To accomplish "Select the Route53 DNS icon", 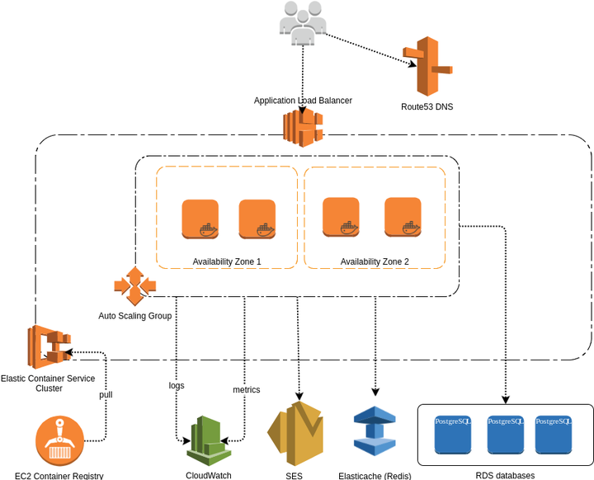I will pos(427,68).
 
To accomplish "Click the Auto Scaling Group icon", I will pos(134,286).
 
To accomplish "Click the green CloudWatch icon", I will pos(208,440).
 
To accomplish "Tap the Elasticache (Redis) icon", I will pos(375,431).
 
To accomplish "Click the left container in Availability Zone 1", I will pos(200,219).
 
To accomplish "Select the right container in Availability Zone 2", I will pos(403,217).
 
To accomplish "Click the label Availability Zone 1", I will pos(227,261).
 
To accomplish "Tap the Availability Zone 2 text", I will pos(375,261).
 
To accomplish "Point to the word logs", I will pos(176,385).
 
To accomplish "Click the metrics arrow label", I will pos(246,389).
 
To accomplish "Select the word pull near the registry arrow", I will pos(106,394).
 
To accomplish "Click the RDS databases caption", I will pos(505,475).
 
